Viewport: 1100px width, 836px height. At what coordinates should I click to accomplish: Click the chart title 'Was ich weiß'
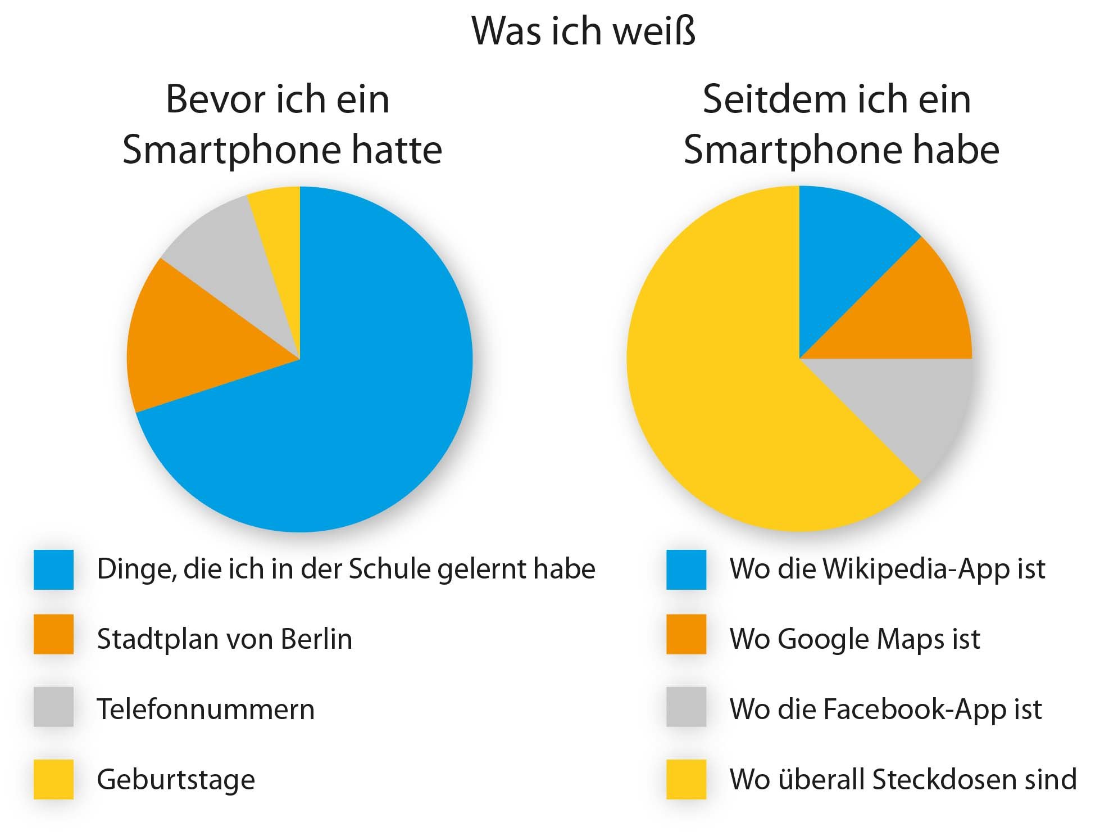pos(584,31)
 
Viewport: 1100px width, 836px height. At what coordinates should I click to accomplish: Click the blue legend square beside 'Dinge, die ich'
pos(53,570)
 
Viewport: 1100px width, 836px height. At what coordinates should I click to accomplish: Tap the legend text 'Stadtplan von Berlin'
pos(224,639)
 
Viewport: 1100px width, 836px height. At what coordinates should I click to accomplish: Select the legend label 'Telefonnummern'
pos(206,709)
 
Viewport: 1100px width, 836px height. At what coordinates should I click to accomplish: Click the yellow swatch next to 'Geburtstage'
pos(53,779)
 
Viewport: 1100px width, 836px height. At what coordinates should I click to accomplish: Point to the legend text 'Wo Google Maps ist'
pos(854,639)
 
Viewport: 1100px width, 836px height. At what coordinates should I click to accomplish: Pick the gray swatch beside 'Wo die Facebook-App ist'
pos(686,707)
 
